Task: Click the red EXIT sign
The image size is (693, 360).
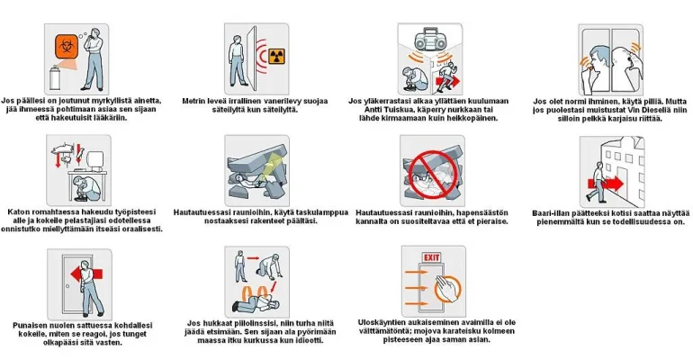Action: point(430,256)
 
